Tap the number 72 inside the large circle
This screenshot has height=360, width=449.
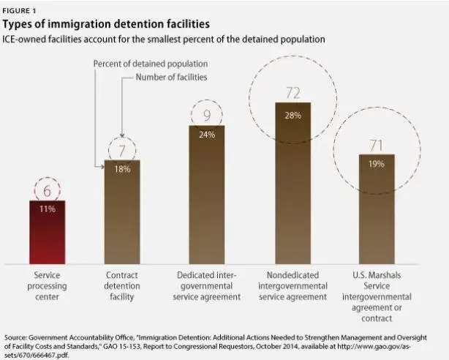click(x=292, y=92)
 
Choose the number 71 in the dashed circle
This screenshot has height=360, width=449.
click(x=377, y=145)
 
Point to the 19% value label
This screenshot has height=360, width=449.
click(x=377, y=164)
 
